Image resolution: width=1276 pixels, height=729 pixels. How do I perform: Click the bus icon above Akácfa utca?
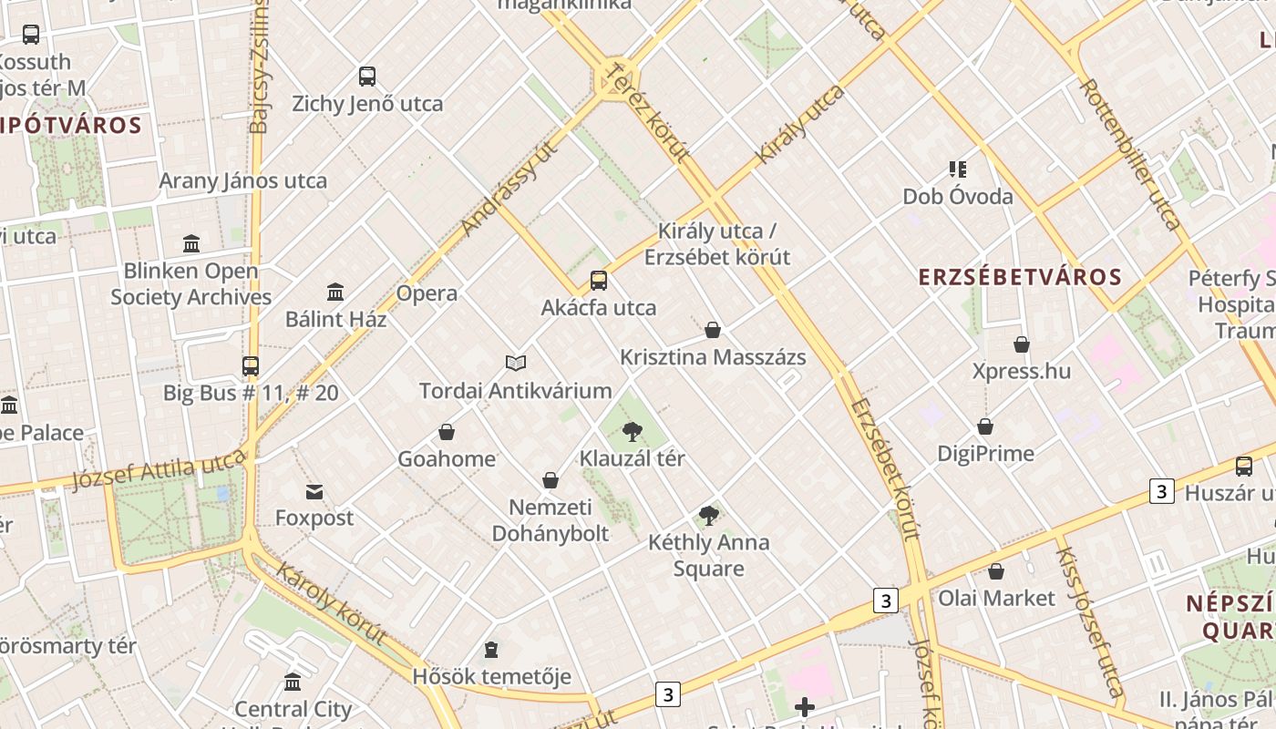click(599, 281)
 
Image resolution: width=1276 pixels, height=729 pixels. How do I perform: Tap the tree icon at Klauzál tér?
click(632, 432)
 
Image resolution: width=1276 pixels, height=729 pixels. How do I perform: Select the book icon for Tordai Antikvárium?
click(516, 364)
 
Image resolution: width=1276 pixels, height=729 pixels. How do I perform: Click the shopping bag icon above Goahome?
click(447, 432)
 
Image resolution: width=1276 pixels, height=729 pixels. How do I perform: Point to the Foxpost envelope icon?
click(314, 492)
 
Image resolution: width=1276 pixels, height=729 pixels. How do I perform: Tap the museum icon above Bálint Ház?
click(335, 293)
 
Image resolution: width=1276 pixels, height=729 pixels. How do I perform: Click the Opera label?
click(427, 293)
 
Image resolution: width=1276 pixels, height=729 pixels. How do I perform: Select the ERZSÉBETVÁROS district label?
click(1019, 277)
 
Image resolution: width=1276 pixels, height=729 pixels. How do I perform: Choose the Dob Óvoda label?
click(957, 197)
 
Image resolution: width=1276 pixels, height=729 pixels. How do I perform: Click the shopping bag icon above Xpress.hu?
click(1022, 344)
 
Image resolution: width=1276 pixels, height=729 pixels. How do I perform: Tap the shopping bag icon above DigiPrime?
click(985, 426)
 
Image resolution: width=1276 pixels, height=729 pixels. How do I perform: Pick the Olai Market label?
click(996, 599)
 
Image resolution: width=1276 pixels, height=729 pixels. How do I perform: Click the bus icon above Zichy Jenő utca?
click(367, 77)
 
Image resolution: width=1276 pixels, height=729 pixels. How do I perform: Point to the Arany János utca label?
click(242, 180)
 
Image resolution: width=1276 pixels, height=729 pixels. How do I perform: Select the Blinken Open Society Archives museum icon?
click(191, 244)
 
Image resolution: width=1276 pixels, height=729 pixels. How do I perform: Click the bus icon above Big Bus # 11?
click(251, 366)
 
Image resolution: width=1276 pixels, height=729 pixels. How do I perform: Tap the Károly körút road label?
click(331, 604)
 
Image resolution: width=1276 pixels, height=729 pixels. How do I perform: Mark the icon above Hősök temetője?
click(491, 650)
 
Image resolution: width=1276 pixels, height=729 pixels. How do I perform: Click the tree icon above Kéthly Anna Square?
click(709, 516)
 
